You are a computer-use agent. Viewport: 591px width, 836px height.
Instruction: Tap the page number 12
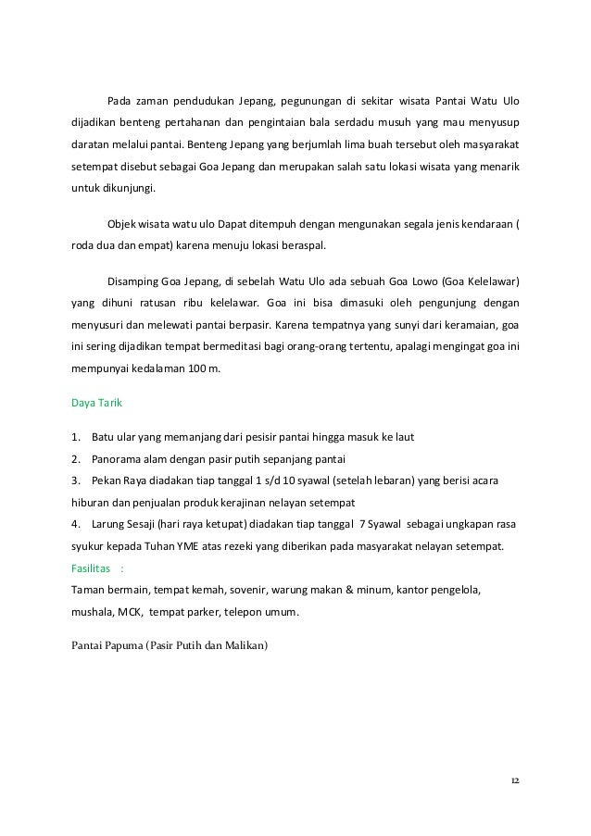514,780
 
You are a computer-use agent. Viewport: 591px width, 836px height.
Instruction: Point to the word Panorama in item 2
118,459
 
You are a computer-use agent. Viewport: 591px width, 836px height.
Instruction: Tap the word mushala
93,612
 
